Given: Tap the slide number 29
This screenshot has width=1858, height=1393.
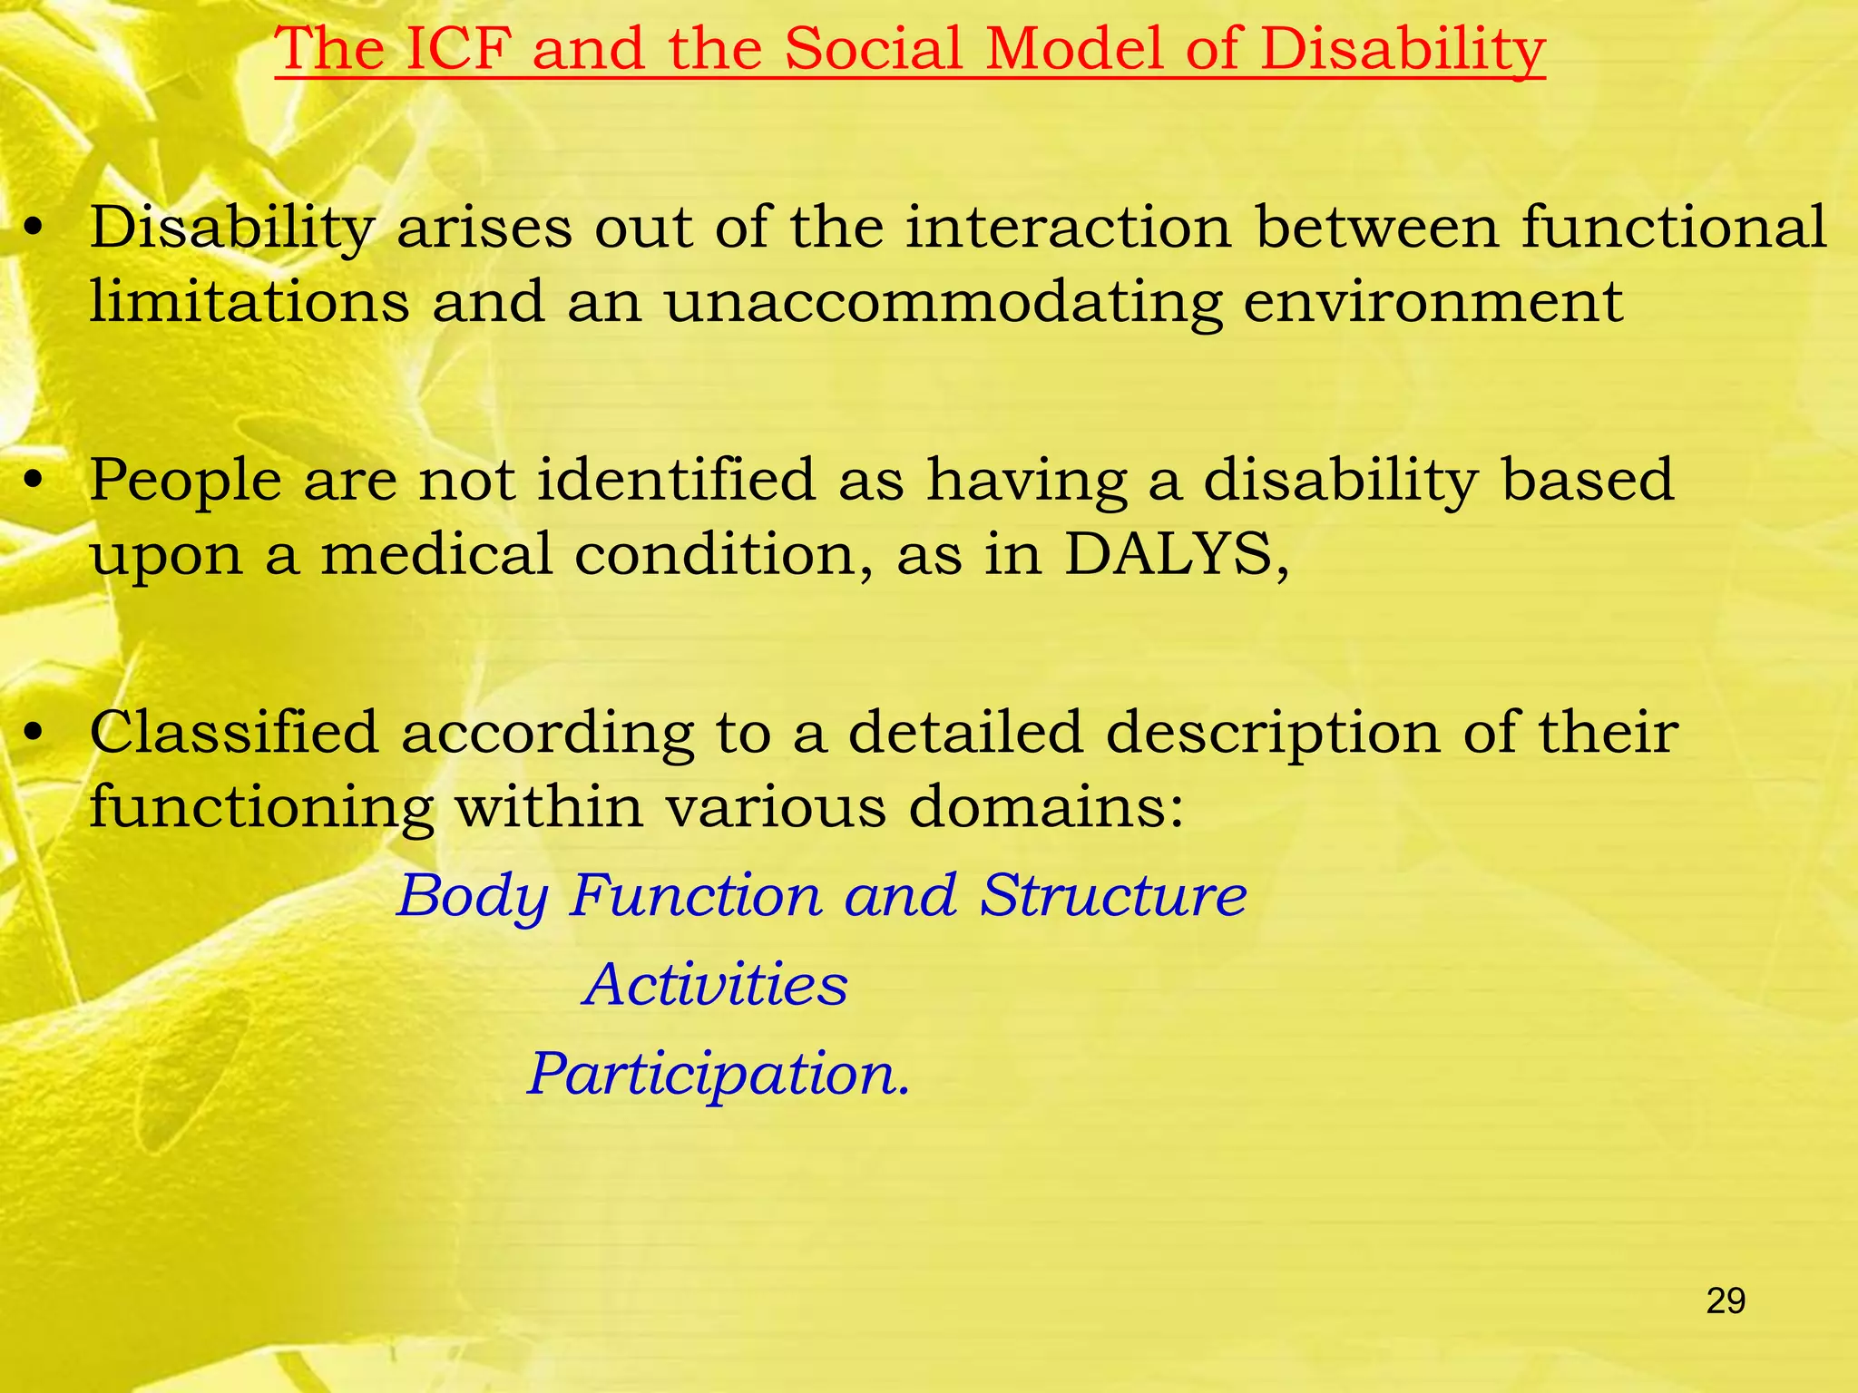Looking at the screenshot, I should pos(1726,1301).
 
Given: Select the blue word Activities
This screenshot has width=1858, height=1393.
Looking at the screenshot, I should pos(716,985).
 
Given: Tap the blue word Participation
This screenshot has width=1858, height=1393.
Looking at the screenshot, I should pos(717,1075).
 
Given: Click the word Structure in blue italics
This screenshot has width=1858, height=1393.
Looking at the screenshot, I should pos(1113,896).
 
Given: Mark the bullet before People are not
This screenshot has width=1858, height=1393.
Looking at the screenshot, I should pos(34,482).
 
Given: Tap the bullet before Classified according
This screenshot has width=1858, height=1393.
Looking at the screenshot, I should pos(34,734).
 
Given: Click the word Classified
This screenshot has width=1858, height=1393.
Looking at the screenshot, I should pos(234,733).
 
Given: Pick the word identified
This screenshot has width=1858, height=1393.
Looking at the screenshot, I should pos(676,481).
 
